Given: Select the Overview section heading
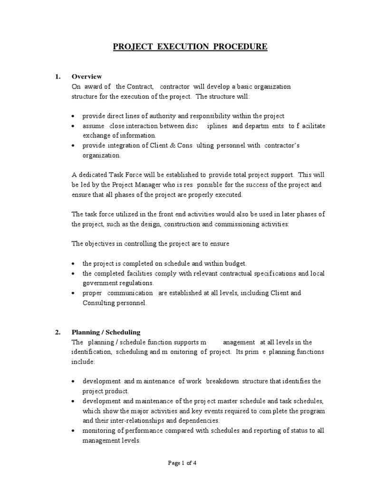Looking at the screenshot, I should click(86, 76).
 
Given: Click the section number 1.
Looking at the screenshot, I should click(58, 76).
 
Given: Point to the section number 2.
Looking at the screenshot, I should click(58, 332).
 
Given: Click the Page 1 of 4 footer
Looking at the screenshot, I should click(182, 463).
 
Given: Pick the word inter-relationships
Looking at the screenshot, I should click(125, 420).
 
